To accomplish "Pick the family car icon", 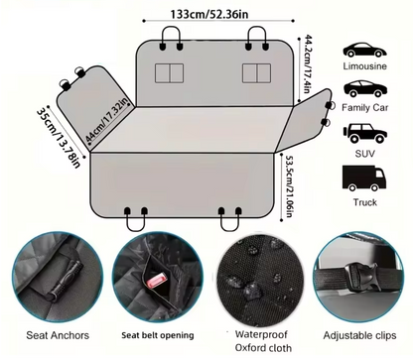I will click(364, 91).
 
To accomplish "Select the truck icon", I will click(364, 178).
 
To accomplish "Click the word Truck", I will click(364, 202).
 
